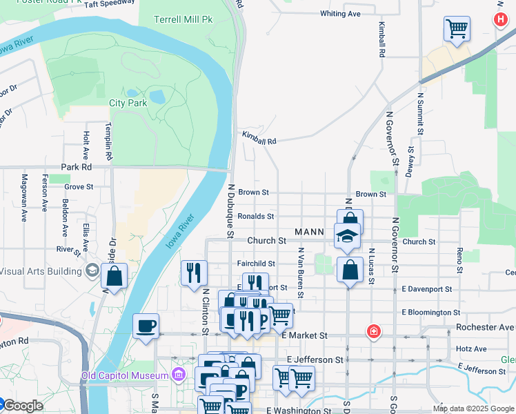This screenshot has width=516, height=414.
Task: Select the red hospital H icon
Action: (501, 21)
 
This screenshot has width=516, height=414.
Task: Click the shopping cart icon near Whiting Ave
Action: (457, 29)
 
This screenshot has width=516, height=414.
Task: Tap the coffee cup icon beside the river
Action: (146, 325)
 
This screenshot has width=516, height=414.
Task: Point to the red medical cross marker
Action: (374, 331)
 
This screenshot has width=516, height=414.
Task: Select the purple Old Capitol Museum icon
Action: (179, 375)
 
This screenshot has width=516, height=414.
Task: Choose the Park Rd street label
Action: (76, 167)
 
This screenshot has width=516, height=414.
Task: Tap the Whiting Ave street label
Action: (340, 14)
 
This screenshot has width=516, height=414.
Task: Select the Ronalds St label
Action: (256, 216)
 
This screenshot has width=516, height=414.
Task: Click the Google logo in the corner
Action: (22, 406)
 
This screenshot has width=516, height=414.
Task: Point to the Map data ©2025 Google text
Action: (473, 408)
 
